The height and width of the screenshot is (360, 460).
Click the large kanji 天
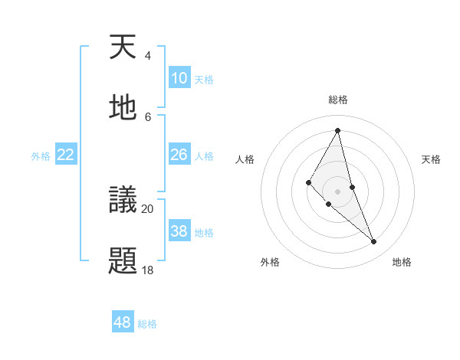[x=123, y=48]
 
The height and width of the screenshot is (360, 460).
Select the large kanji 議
[x=123, y=201]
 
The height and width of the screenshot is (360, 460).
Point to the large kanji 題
[x=123, y=261]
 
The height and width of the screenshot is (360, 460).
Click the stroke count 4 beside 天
[x=147, y=56]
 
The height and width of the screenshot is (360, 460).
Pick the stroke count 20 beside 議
[x=147, y=208]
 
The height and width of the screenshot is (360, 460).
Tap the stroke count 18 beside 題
[x=147, y=270]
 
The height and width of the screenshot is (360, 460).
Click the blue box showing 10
[x=179, y=78]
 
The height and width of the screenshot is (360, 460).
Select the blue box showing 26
[x=179, y=155]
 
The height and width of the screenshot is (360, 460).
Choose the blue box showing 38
[x=179, y=231]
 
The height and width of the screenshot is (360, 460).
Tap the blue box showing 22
[x=66, y=155]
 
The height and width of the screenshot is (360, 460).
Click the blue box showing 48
[x=123, y=322]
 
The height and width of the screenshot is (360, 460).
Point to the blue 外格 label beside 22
[x=41, y=156]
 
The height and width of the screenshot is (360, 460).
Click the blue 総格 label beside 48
[x=147, y=324]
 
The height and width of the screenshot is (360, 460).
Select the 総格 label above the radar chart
[x=338, y=100]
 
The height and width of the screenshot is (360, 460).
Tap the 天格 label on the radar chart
[x=431, y=159]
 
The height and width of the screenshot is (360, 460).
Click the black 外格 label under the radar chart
[x=270, y=262]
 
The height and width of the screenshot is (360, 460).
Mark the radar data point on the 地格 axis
[x=374, y=241]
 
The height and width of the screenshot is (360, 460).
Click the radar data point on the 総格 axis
[x=338, y=130]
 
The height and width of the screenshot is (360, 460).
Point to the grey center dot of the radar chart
[x=337, y=191]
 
